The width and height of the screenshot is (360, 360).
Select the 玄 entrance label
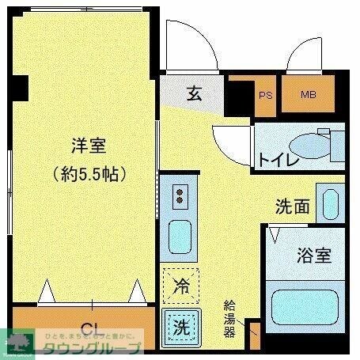click(195, 93)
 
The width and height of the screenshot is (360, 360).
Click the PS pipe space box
click(265, 95)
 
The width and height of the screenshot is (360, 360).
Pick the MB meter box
click(308, 95)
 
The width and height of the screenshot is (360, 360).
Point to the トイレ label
click(278, 160)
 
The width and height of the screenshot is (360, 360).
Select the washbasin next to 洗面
click(329, 203)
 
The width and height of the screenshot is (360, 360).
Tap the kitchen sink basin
click(180, 235)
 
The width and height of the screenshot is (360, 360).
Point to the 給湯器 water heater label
click(229, 318)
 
